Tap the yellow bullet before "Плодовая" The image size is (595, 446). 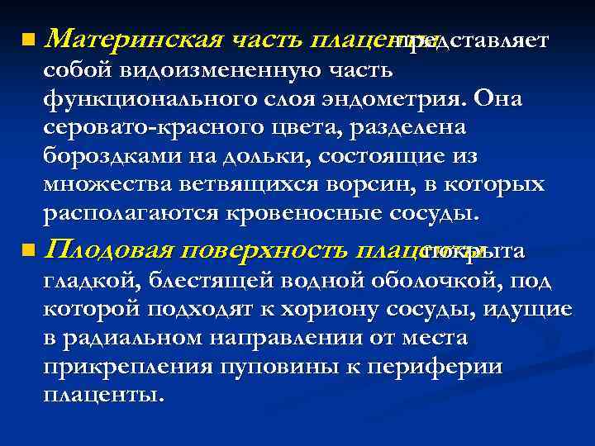tap(30, 249)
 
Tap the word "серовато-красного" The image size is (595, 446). tap(143, 128)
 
